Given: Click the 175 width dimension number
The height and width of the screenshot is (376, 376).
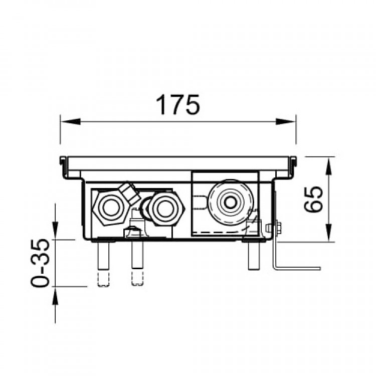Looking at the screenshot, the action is tap(177, 105).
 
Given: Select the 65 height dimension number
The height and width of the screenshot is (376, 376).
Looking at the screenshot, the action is tap(313, 199).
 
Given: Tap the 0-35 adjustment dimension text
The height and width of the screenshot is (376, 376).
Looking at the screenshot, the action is tap(40, 263).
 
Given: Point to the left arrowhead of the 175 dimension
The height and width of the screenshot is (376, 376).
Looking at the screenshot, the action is tap(70, 122).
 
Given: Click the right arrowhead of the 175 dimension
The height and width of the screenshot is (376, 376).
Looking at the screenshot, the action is tap(286, 122).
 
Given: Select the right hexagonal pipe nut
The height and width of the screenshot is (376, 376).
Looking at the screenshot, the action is tap(165, 208).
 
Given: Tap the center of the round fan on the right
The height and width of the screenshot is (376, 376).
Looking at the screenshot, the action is tap(231, 203).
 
